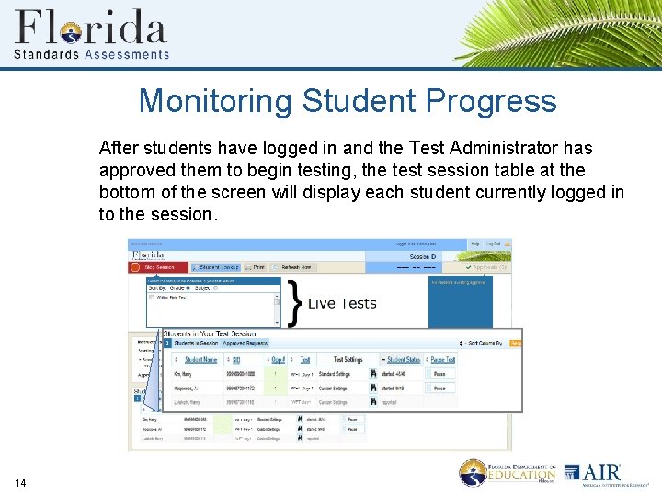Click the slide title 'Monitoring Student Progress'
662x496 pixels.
(348, 101)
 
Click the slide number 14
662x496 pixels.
(21, 483)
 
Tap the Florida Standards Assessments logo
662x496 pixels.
(92, 34)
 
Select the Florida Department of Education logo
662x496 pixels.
(508, 473)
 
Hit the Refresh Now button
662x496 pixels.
(294, 267)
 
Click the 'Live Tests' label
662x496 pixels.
(342, 304)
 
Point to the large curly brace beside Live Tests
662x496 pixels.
(294, 304)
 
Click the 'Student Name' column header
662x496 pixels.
(200, 360)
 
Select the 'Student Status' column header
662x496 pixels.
(404, 360)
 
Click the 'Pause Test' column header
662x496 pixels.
(443, 360)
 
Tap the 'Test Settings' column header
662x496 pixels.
(348, 360)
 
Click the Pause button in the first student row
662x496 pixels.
(439, 374)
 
